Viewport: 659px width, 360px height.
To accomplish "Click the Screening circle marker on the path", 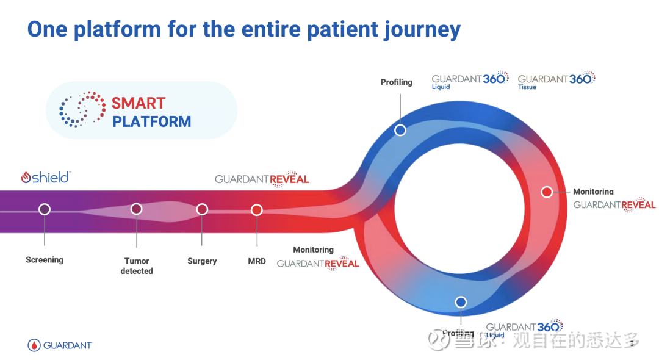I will coord(45,209).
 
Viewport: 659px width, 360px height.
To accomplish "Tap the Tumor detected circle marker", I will coord(137,209).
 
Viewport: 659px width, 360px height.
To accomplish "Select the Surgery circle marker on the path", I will coord(202,209).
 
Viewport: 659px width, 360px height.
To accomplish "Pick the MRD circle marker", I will coord(257,210).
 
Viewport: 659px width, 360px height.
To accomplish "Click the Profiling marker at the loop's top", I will coord(400,130).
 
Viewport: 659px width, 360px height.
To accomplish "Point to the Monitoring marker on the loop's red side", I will coord(547,192).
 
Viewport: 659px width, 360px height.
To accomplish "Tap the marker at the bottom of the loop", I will coord(461,301).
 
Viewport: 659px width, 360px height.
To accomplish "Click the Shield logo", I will coord(46,178).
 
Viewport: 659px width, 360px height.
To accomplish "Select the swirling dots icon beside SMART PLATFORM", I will coord(82,109).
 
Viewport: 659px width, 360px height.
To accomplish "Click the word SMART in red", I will coord(139,103).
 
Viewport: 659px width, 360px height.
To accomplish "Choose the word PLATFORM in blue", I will coord(152,121).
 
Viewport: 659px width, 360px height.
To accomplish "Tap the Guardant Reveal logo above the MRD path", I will coord(262,179).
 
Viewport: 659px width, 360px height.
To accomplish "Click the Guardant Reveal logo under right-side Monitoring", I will coord(614,204).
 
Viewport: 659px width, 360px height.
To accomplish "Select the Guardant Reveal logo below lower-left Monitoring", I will coord(318,263).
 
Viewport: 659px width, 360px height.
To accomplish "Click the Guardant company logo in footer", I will coord(59,345).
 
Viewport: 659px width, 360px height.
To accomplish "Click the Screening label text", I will coord(45,260).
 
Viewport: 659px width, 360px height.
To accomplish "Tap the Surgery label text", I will coord(202,261).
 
